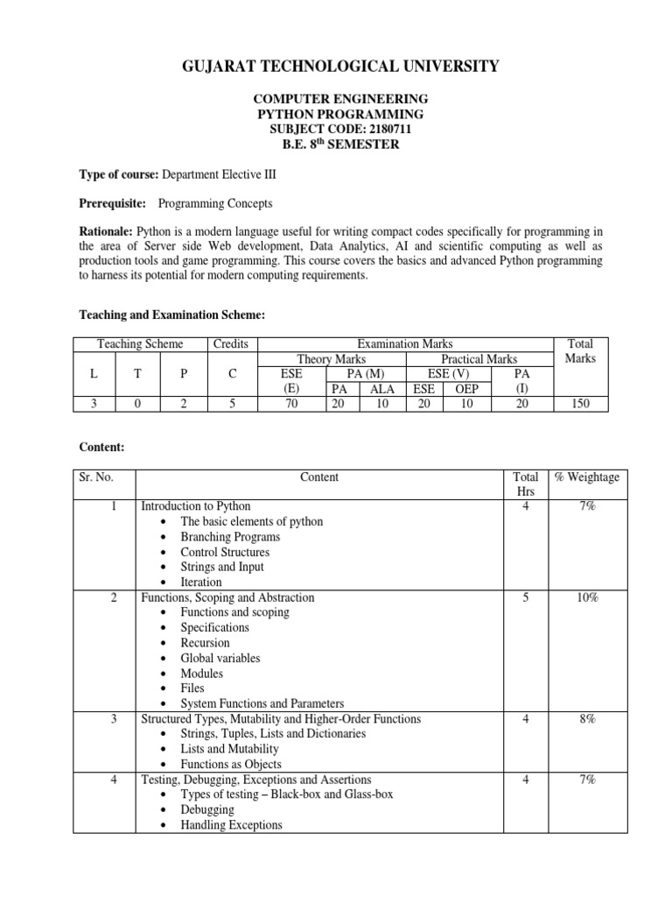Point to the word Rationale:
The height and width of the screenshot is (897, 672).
point(106,231)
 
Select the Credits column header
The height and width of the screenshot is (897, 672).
point(231,344)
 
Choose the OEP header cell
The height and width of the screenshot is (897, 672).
point(467,388)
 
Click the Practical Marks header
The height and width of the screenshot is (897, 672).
point(479,359)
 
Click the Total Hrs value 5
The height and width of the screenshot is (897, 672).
point(525,597)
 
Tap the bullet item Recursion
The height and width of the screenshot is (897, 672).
point(205,643)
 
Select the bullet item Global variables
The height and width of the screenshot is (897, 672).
point(220,658)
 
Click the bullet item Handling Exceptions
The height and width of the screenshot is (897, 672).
point(231,824)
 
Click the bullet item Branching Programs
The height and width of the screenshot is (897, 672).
point(230,536)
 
